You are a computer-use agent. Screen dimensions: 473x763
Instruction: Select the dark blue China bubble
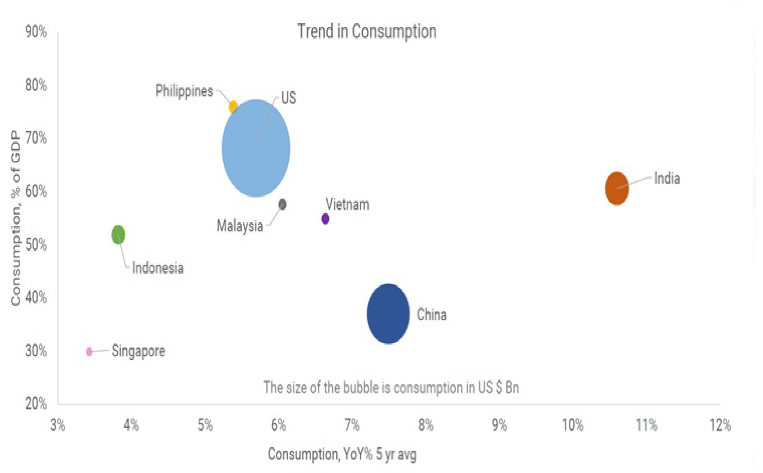click(388, 314)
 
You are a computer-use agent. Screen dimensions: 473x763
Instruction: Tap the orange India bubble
click(617, 188)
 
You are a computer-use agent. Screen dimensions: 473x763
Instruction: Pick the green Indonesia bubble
click(118, 234)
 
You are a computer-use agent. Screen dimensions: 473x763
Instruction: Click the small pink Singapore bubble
click(89, 352)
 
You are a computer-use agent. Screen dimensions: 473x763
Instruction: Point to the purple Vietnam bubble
click(325, 219)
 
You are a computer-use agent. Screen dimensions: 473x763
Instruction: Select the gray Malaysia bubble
click(282, 204)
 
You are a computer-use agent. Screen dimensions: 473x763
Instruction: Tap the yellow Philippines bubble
click(233, 107)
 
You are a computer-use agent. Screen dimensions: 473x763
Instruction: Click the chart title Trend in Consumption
click(367, 31)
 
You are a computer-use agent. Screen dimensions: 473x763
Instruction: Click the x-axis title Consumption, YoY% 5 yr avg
click(342, 454)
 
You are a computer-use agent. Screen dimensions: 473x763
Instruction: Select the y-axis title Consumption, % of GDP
click(16, 218)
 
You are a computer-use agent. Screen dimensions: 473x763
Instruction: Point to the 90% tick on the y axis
click(36, 32)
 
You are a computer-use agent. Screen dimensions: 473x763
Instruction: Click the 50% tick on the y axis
click(36, 245)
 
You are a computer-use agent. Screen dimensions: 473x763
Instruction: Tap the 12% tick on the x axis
click(720, 425)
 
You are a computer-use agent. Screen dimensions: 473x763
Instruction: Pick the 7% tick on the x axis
click(352, 425)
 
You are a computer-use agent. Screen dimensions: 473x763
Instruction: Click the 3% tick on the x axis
click(58, 425)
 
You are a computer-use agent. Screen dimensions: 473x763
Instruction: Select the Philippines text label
click(184, 91)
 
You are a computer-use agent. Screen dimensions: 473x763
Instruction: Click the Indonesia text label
click(158, 268)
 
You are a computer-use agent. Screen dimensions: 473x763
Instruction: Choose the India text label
click(667, 178)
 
